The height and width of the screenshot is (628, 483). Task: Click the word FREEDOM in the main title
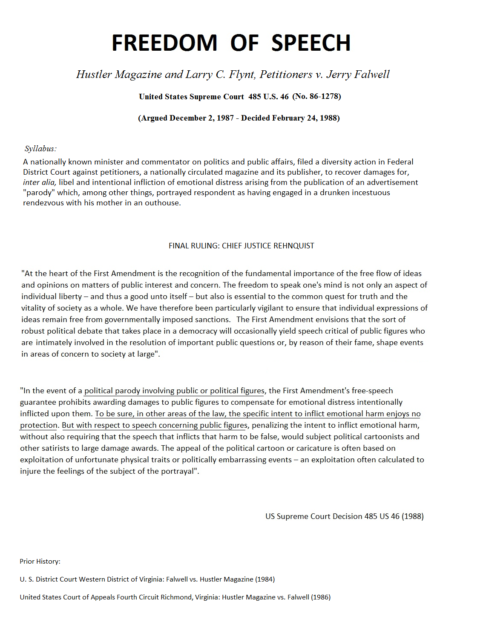click(164, 43)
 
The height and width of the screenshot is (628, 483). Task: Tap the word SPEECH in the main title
click(311, 43)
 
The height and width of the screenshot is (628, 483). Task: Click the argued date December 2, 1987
click(202, 118)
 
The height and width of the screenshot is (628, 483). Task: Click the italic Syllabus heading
click(40, 149)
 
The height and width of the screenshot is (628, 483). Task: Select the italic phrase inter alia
click(39, 182)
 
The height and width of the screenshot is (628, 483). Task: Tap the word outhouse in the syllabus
click(163, 203)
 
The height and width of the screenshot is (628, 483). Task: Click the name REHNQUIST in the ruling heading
click(294, 246)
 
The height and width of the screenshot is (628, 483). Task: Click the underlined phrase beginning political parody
click(174, 391)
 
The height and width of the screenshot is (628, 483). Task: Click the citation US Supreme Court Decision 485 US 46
click(332, 516)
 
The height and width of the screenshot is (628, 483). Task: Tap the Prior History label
click(40, 562)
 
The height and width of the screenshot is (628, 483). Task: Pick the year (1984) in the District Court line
click(265, 579)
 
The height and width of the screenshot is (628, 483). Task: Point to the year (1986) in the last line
click(321, 597)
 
